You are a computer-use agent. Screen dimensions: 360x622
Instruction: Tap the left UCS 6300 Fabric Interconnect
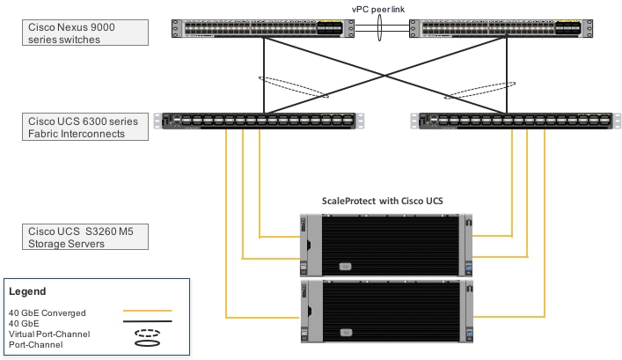(x=254, y=121)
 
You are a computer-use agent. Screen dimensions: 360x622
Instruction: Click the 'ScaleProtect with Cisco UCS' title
(x=382, y=202)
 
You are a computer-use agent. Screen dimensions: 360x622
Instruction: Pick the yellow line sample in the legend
(x=146, y=311)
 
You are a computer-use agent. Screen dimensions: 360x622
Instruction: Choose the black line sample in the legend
(x=146, y=322)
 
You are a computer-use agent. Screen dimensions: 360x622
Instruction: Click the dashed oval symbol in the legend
(x=146, y=334)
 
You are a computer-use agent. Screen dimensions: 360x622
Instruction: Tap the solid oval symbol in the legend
(x=146, y=346)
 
